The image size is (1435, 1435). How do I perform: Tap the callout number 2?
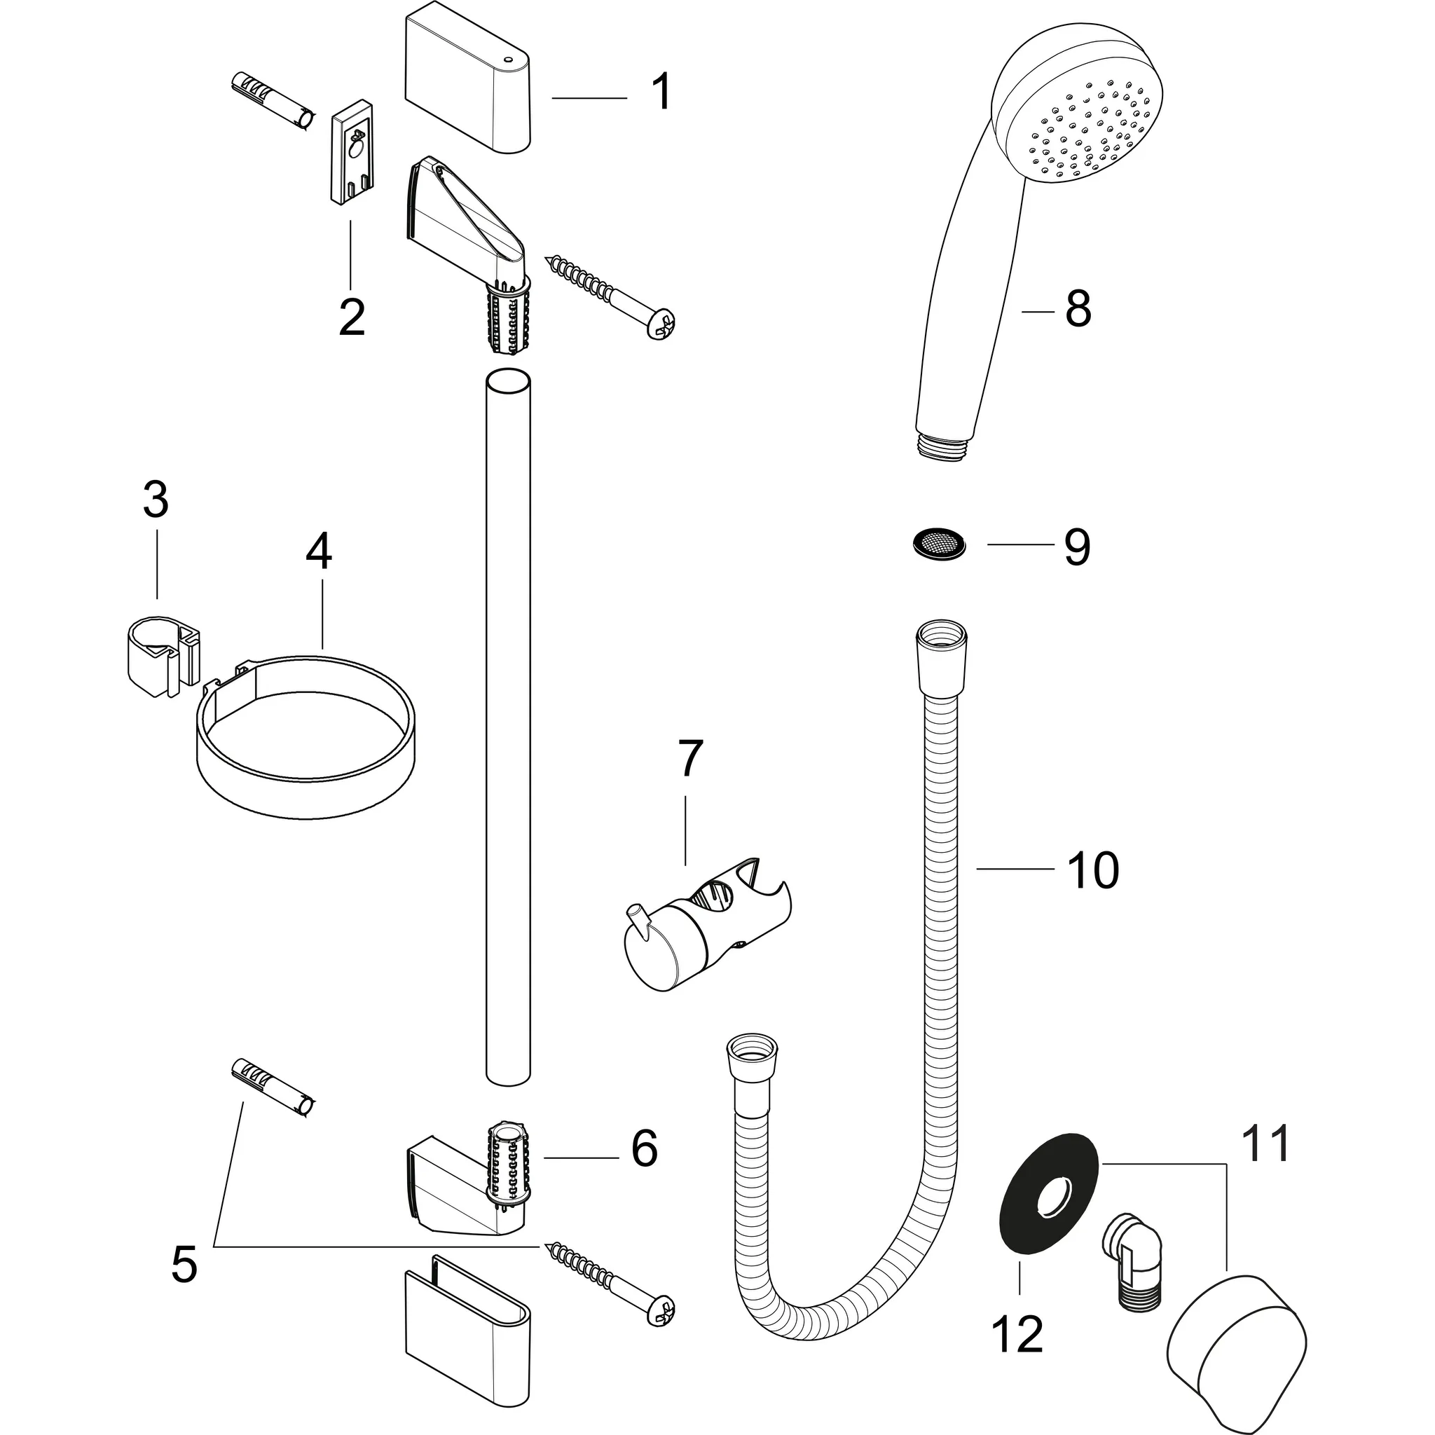pyautogui.click(x=351, y=317)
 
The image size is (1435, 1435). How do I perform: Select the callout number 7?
pyautogui.click(x=689, y=759)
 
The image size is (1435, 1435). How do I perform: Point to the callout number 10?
pyautogui.click(x=1092, y=870)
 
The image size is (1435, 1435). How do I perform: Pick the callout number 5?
pyautogui.click(x=184, y=1264)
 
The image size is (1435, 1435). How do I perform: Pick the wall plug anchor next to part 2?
pyautogui.click(x=273, y=102)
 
